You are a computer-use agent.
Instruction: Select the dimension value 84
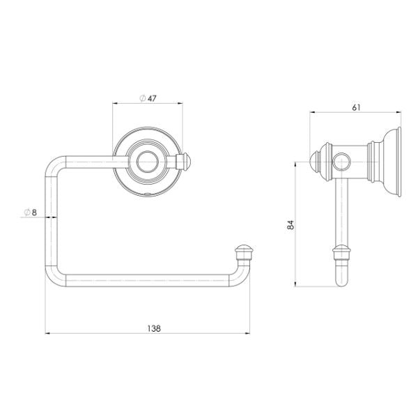[291, 224]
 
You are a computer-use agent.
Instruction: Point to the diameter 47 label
[148, 98]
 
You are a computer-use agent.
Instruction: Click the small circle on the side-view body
[341, 163]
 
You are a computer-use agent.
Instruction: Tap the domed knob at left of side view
[314, 163]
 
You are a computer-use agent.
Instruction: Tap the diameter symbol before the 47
[141, 98]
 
